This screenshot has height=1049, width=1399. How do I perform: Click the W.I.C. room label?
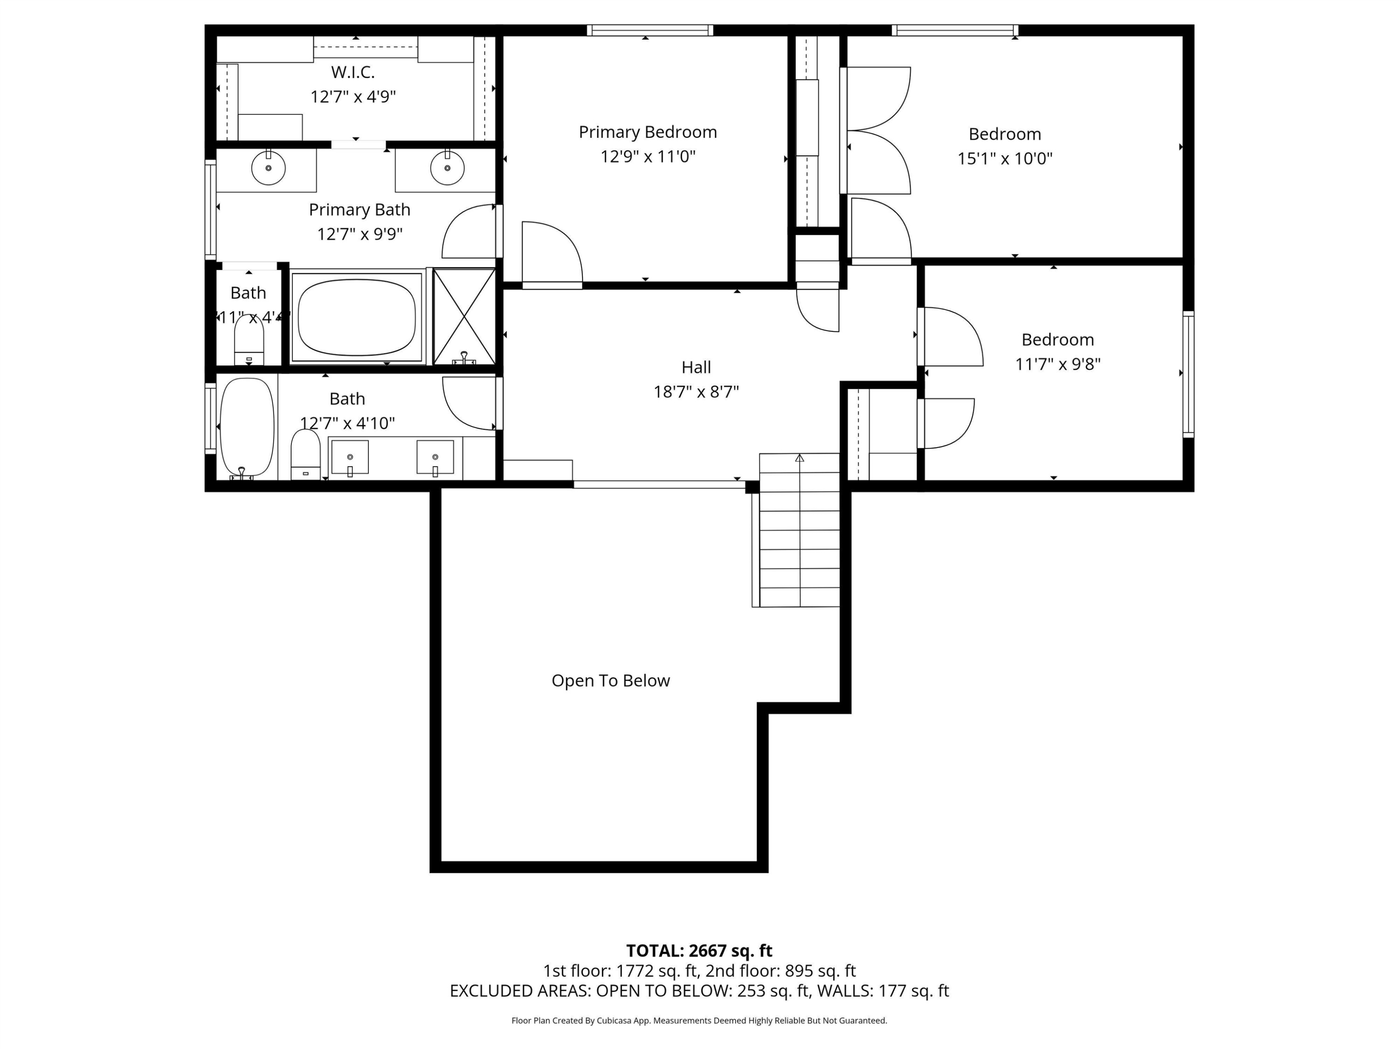tap(353, 72)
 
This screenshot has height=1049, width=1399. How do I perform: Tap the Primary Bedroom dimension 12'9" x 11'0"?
tap(648, 156)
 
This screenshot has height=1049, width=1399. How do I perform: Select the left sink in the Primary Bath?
tap(268, 168)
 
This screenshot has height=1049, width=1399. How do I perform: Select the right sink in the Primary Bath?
tap(447, 168)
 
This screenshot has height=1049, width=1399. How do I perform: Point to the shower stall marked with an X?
tap(464, 316)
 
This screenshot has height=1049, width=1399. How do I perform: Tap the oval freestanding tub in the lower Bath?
tap(247, 426)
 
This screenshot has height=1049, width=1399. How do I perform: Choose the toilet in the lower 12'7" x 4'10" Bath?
tap(305, 454)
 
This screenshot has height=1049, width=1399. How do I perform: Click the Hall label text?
tap(696, 367)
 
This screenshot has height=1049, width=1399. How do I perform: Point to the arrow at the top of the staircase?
tap(799, 458)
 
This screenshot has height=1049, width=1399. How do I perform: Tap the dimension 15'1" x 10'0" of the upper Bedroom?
tap(1004, 159)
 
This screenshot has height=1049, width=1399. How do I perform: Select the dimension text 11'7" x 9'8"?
tap(1058, 364)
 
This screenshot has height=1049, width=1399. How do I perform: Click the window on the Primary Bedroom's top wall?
tap(650, 30)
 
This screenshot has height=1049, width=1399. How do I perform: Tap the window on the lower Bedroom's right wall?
tap(1188, 374)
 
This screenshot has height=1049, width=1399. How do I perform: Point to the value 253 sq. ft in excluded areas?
tap(773, 991)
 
